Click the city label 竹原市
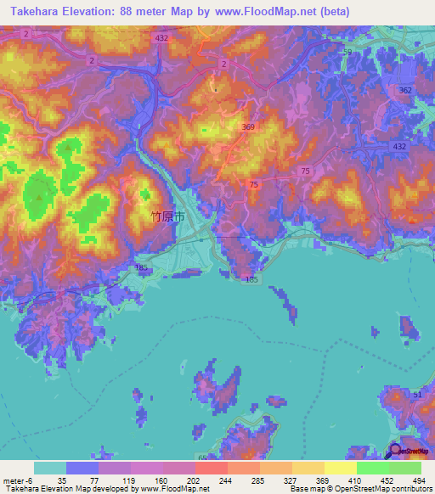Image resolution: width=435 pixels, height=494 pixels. coord(165,216)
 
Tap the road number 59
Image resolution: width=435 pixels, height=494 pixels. coord(347,53)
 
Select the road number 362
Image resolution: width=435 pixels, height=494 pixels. coord(405,90)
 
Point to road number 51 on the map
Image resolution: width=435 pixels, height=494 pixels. coord(417,394)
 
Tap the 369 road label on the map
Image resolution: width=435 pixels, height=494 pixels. coord(247,127)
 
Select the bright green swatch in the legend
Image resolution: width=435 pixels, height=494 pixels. coord(372,468)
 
